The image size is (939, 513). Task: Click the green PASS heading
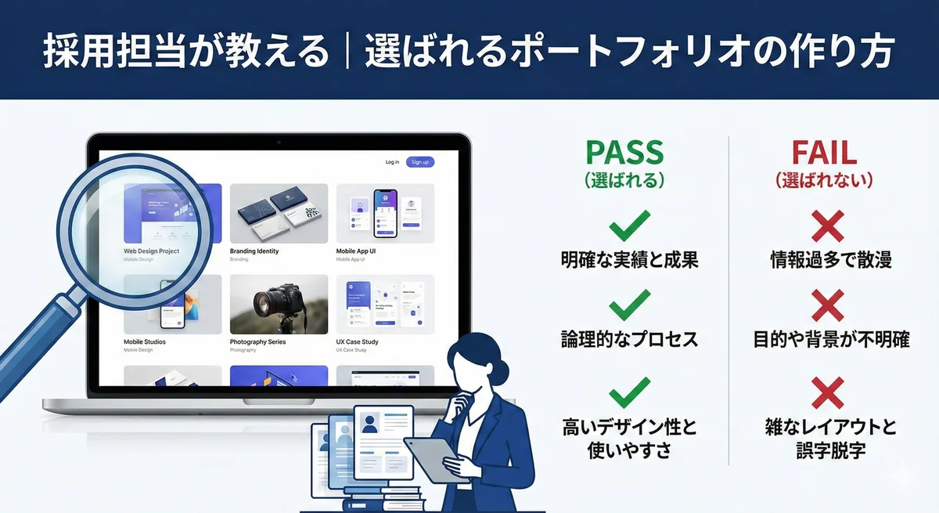click(624, 152)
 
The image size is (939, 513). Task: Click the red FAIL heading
click(824, 152)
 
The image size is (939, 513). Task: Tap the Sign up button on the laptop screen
click(420, 162)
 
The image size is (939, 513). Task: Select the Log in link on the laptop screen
click(392, 162)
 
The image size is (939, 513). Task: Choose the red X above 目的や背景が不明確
click(827, 305)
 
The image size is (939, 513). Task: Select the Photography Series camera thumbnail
click(279, 304)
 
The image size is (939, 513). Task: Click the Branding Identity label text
click(254, 251)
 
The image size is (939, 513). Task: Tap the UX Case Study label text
click(357, 342)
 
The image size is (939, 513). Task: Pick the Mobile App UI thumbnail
click(384, 213)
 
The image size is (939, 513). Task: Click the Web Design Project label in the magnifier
click(151, 251)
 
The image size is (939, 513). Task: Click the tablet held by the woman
click(434, 454)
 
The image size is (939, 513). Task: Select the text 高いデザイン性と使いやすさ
click(628, 439)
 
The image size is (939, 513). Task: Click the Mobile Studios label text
click(145, 342)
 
